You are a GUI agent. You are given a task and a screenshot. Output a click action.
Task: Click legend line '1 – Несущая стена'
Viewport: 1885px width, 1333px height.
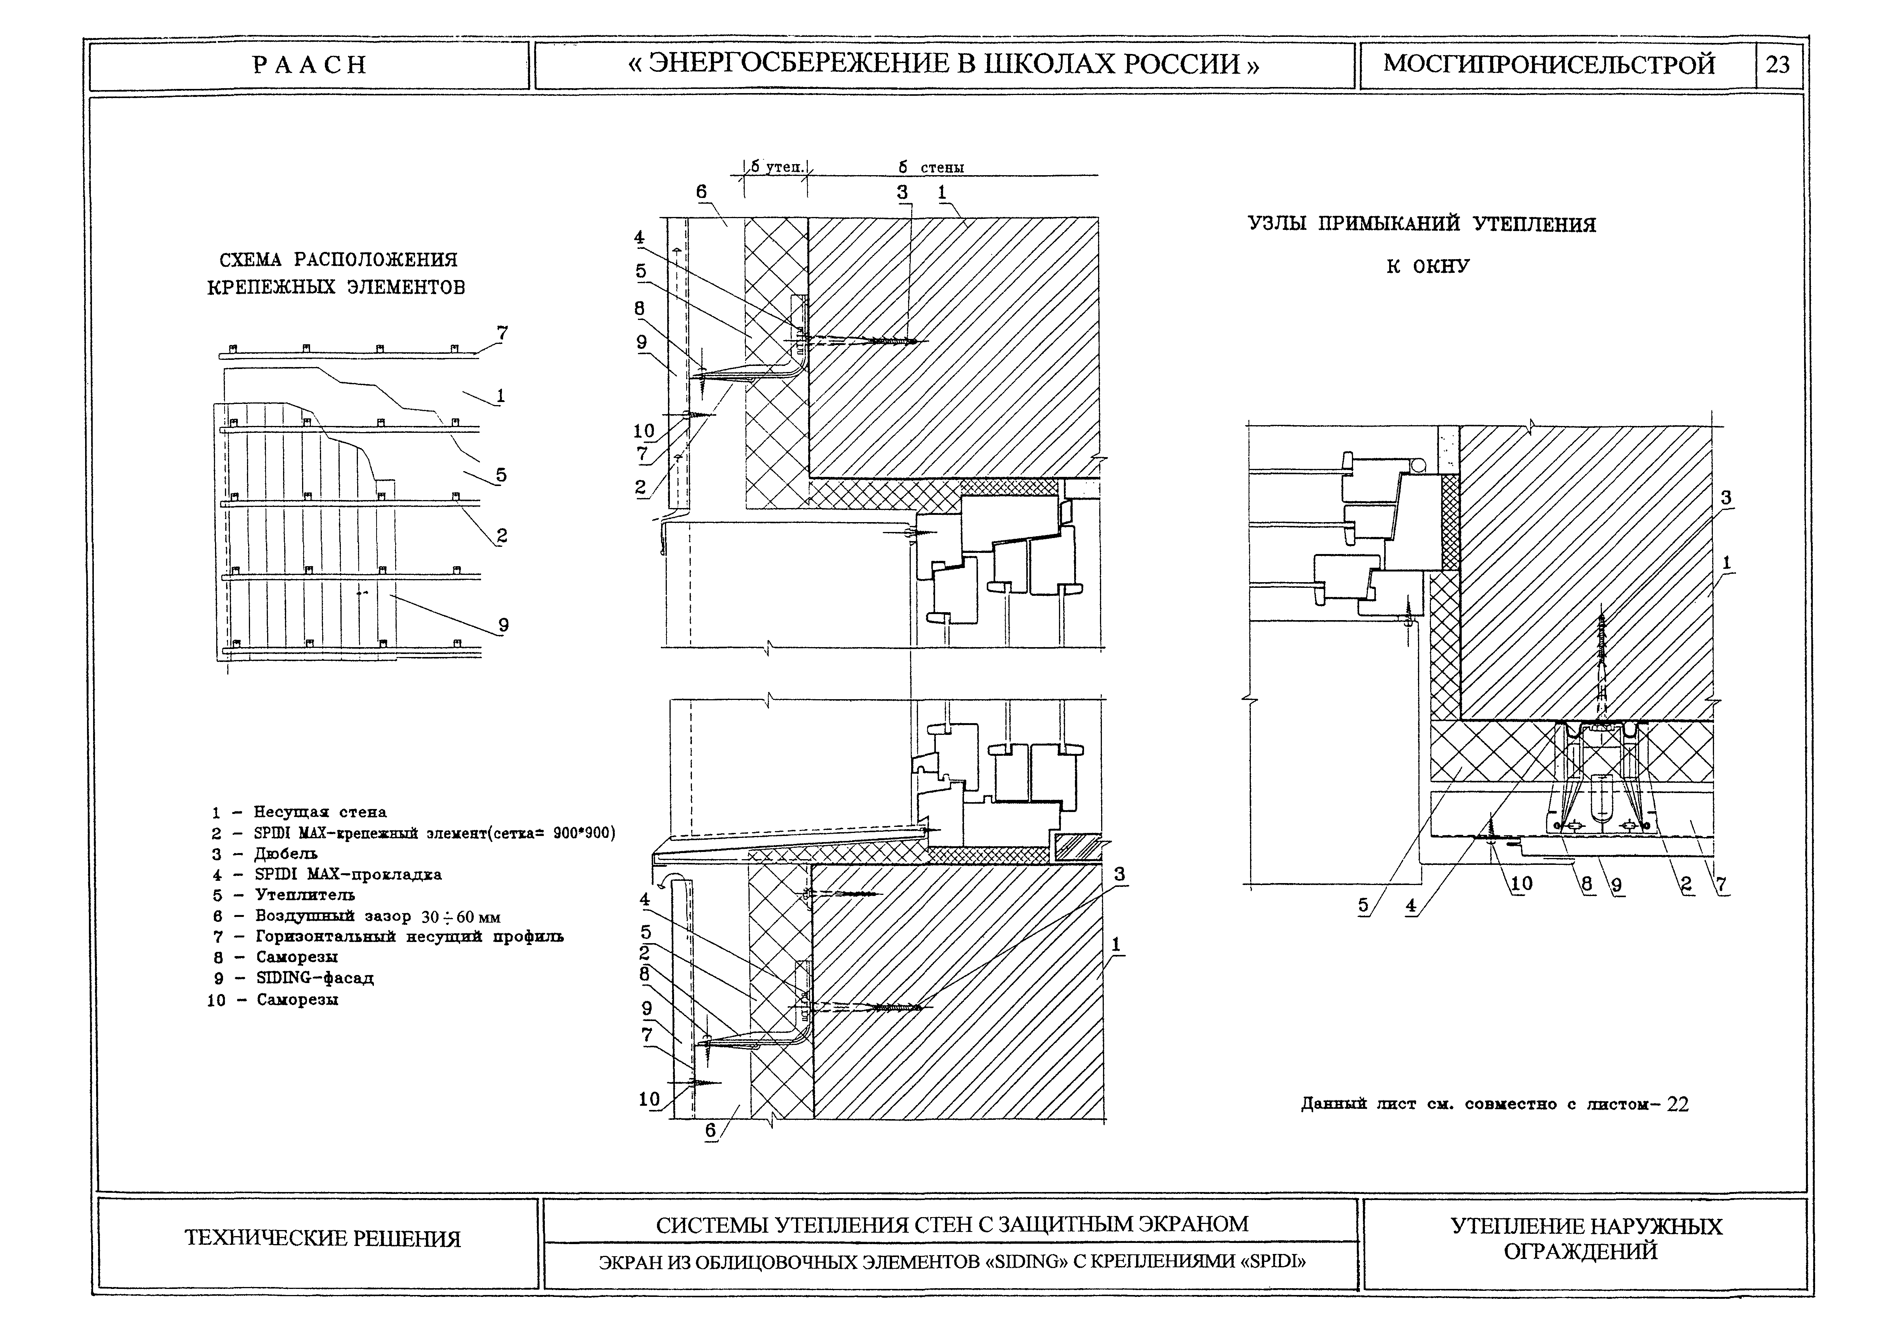(x=300, y=812)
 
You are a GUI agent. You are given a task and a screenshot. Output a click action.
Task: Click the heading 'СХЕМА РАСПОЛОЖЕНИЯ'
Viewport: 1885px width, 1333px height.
(x=338, y=260)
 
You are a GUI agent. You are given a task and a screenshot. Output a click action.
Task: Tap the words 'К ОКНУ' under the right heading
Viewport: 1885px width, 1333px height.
(x=1427, y=267)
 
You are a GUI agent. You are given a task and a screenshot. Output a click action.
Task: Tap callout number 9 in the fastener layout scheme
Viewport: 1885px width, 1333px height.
(x=503, y=625)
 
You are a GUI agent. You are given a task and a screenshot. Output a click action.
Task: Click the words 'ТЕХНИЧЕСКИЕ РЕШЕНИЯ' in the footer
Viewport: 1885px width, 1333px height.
(x=323, y=1238)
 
